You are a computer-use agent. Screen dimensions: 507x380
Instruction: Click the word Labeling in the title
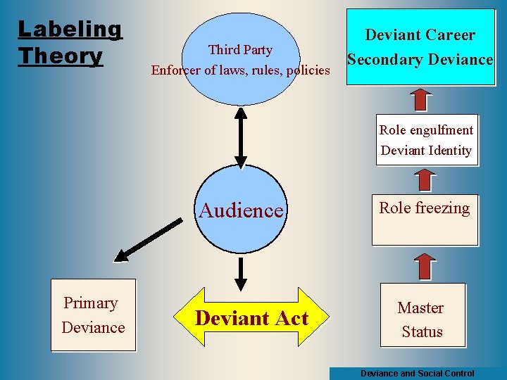tap(70, 30)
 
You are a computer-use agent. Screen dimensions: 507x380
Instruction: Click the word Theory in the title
tap(61, 55)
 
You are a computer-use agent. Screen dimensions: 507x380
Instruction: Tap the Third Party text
tap(240, 49)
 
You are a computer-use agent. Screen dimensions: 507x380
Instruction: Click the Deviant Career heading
tap(420, 35)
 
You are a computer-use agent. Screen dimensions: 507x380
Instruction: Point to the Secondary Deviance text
tap(420, 60)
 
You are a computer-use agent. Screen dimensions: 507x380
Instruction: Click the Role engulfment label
tap(426, 130)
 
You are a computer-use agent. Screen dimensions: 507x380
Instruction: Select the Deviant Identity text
tap(426, 150)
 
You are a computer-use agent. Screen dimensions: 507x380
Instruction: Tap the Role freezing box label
tap(425, 208)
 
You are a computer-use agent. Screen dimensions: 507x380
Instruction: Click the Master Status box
tap(422, 319)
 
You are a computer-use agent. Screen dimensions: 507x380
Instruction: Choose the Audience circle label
tap(242, 210)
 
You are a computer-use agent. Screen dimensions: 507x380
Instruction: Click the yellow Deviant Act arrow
tap(251, 318)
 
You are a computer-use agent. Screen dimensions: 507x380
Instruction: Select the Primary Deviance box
tap(93, 315)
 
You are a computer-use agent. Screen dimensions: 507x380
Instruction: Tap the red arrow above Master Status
tap(423, 266)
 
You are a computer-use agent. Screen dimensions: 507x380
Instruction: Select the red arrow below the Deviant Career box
tap(420, 99)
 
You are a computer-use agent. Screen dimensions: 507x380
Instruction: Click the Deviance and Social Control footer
tap(417, 374)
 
